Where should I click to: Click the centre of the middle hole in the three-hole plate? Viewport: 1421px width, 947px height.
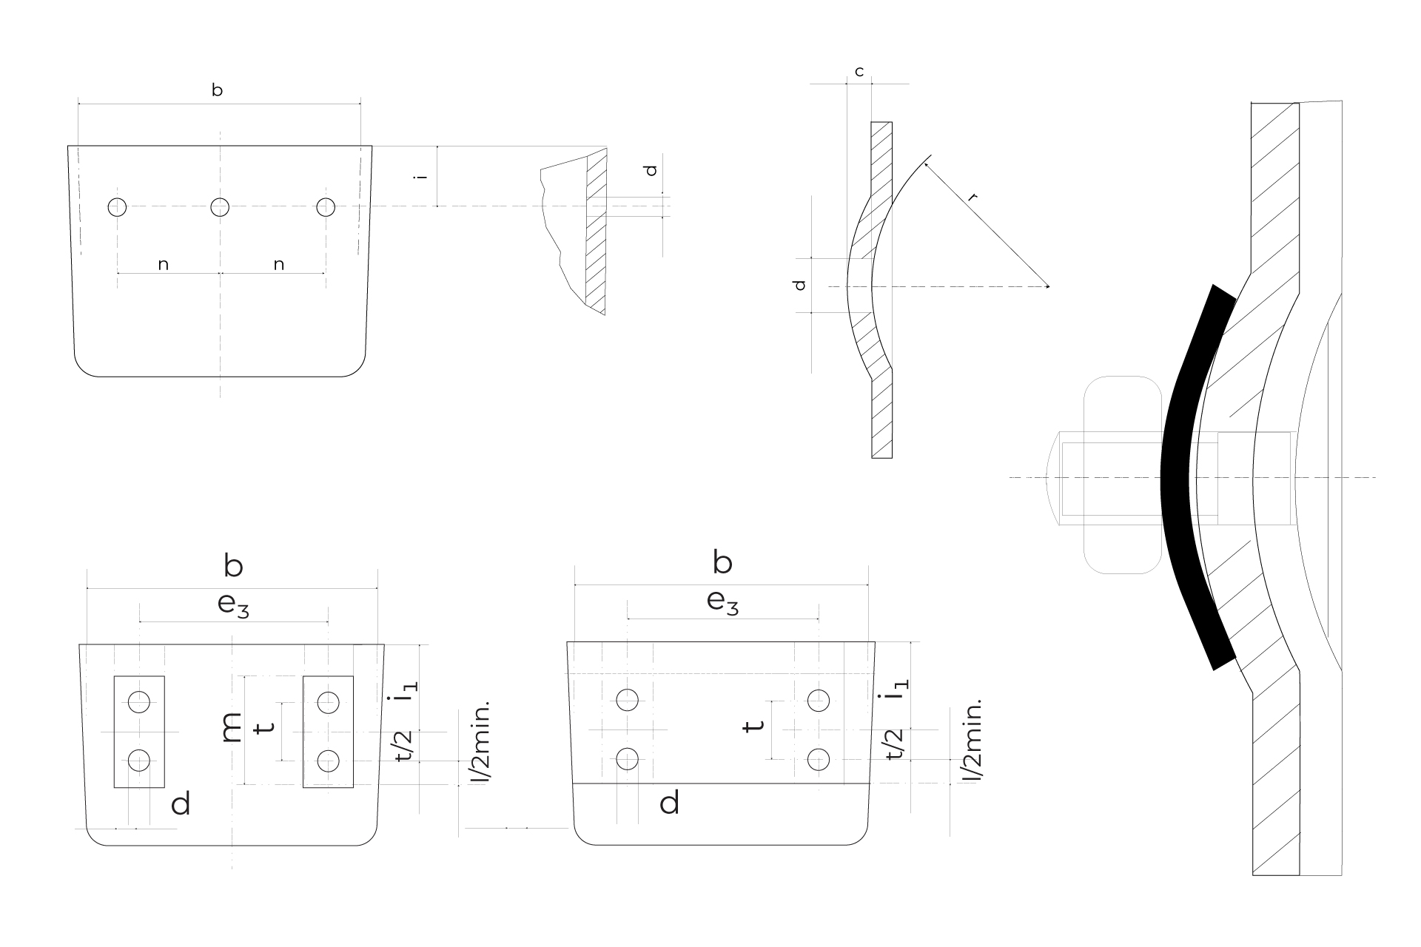click(220, 207)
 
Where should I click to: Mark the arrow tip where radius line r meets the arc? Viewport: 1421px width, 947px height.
click(924, 162)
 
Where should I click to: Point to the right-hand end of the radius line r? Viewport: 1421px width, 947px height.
click(1049, 286)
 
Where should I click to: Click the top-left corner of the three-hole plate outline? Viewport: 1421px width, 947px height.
click(68, 146)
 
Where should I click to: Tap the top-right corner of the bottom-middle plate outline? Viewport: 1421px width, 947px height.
click(875, 641)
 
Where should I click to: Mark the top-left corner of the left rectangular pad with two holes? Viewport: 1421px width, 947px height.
click(113, 676)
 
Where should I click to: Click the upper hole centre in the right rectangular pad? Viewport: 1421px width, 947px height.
click(329, 701)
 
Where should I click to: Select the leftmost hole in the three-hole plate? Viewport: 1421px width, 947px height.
click(117, 207)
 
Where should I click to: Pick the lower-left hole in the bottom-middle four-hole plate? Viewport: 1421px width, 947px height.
click(628, 759)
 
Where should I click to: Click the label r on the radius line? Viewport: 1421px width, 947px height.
click(972, 198)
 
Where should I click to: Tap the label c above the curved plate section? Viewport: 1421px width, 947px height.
click(859, 73)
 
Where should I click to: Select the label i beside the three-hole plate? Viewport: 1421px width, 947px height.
click(422, 176)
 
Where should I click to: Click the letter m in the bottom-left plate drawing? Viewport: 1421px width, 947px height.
click(232, 728)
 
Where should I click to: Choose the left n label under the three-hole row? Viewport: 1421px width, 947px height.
click(164, 264)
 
